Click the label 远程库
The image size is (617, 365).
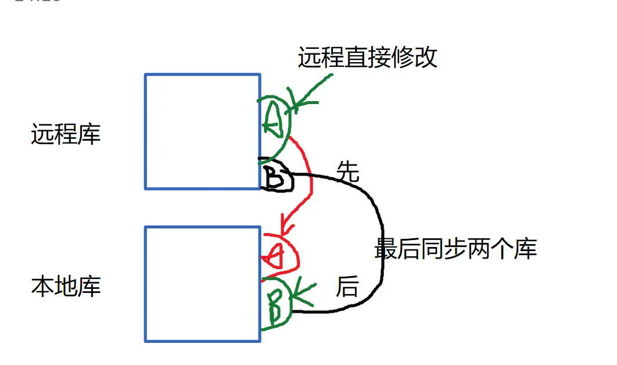(66, 134)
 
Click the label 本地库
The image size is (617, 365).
(66, 287)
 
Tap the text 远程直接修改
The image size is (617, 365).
(367, 58)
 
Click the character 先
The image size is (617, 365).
(348, 172)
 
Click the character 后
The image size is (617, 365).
(347, 287)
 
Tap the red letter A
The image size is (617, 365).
(276, 255)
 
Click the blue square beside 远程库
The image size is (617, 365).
(202, 131)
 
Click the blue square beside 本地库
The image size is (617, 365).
(202, 284)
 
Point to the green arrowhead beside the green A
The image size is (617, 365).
(296, 105)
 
